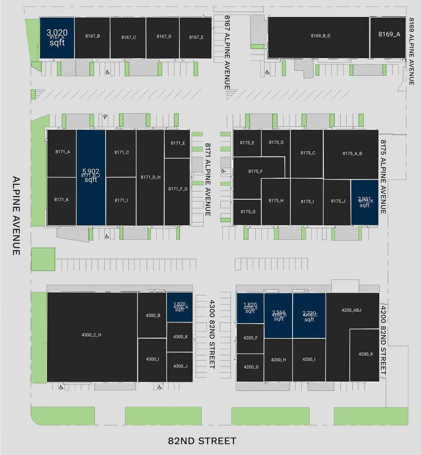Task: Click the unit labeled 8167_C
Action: click(x=128, y=38)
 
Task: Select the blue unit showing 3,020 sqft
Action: click(x=57, y=38)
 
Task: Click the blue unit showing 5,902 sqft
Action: click(x=91, y=178)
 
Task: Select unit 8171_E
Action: click(x=177, y=144)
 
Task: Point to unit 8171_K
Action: click(x=62, y=200)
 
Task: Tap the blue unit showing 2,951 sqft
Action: click(x=365, y=202)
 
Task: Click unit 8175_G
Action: click(x=247, y=212)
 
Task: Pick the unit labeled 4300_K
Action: click(x=180, y=337)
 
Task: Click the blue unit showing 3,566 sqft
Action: click(x=278, y=315)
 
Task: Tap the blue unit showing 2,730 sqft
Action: click(x=309, y=315)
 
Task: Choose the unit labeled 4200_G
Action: click(x=250, y=368)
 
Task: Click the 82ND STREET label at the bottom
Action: click(x=202, y=441)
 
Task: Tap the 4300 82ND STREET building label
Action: click(x=212, y=334)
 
